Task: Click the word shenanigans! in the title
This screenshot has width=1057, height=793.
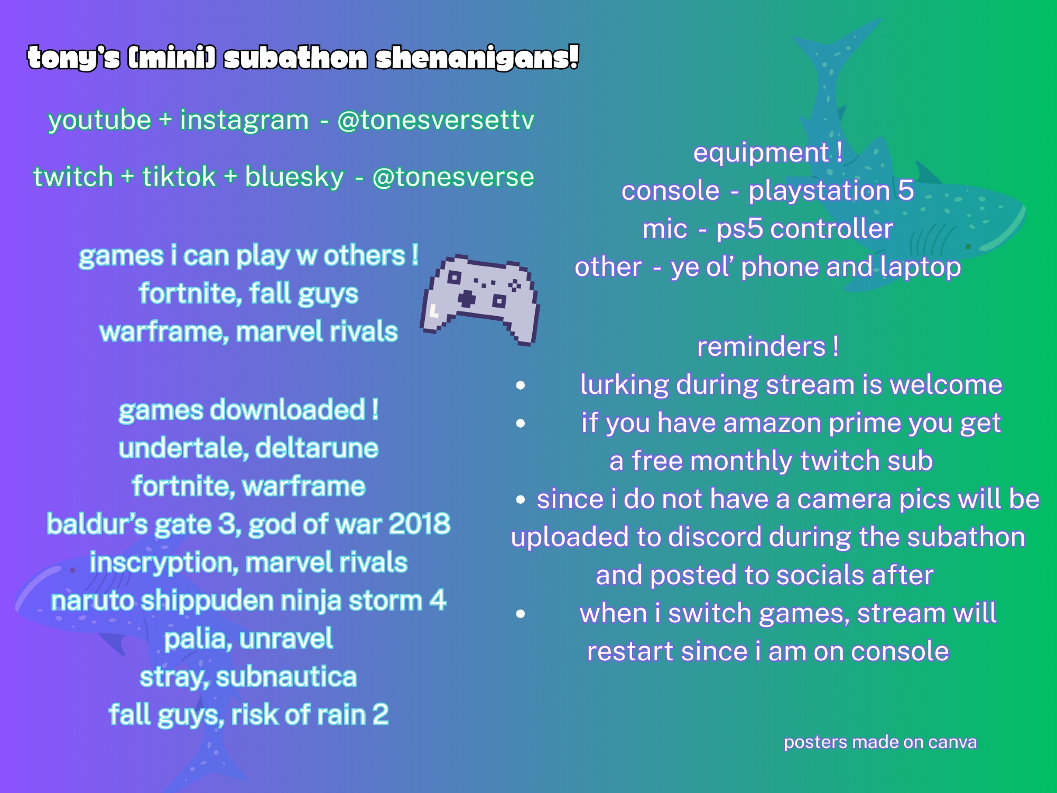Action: pos(477,58)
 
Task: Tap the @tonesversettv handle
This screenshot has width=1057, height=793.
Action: pos(436,120)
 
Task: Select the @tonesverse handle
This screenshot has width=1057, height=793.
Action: pos(453,177)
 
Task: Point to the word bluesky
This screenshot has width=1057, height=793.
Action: pos(294,177)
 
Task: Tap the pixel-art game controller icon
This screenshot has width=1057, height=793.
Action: pos(480,299)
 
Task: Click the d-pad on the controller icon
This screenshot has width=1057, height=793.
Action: pos(467,299)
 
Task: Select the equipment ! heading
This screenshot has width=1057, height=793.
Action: pos(768,153)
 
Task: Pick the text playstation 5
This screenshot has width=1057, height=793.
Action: pos(831,190)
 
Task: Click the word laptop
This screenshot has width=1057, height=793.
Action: pos(920,268)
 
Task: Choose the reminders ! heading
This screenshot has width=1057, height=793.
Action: pos(768,347)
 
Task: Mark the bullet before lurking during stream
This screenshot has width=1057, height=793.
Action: pos(521,385)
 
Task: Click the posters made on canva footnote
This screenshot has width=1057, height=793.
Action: pos(880,743)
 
